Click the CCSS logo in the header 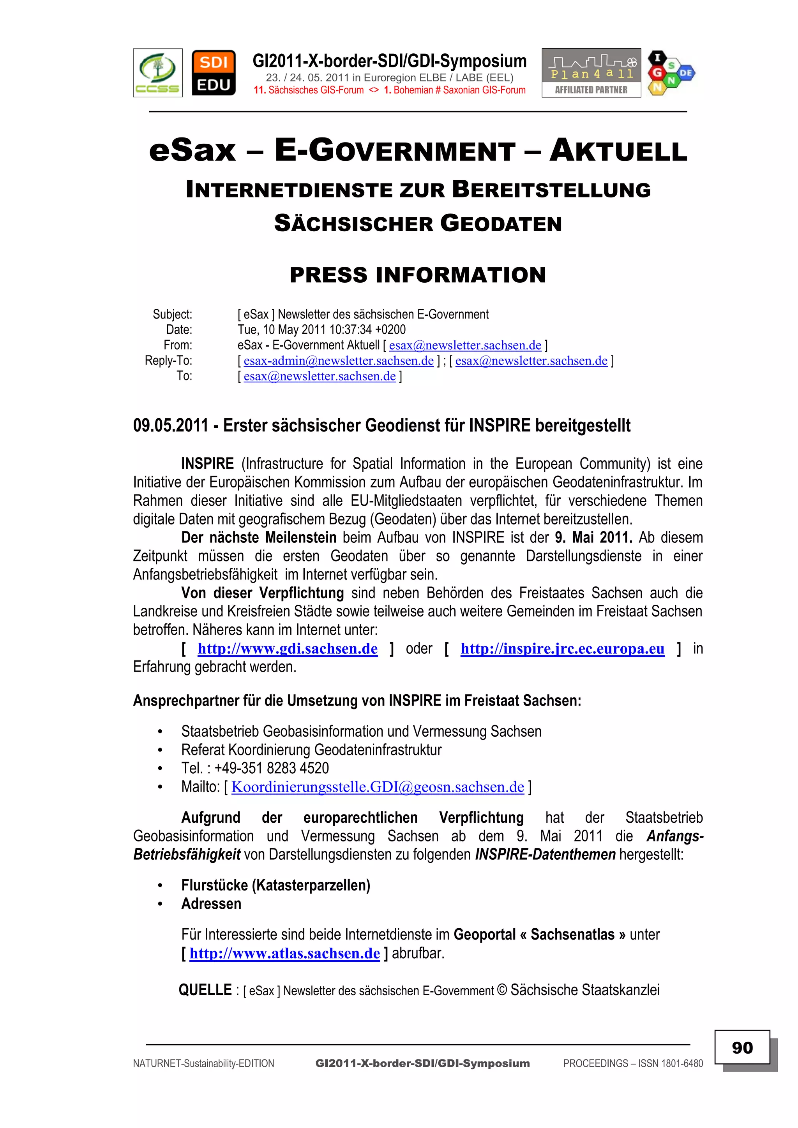coord(158,73)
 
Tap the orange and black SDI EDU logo coord(214,73)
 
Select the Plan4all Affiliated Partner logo coord(591,73)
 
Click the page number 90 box coord(742,1047)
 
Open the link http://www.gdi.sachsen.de coord(288,649)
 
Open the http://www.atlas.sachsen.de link coord(285,954)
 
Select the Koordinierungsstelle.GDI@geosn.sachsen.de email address coord(378,787)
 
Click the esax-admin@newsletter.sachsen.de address coord(338,361)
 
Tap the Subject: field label coord(172,315)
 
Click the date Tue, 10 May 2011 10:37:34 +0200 coord(321,330)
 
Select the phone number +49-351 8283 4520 coord(272,768)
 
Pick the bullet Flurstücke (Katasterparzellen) coord(275,885)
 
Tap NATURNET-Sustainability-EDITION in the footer coord(203,1064)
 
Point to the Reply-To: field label coord(168,361)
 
